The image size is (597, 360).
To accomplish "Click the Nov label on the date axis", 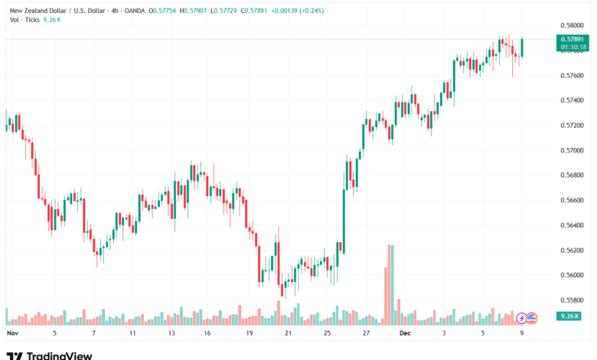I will [x=11, y=334].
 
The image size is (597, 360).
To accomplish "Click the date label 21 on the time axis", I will [x=287, y=334].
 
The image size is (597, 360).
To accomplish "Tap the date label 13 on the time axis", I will [x=171, y=334].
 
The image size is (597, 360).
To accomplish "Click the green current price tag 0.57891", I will [x=573, y=38].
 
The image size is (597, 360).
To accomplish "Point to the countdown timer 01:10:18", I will [x=573, y=47].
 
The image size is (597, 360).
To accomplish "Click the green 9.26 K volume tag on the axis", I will [x=571, y=316].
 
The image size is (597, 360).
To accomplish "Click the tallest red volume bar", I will [x=393, y=283].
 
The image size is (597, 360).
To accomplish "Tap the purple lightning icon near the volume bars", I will [x=522, y=317].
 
